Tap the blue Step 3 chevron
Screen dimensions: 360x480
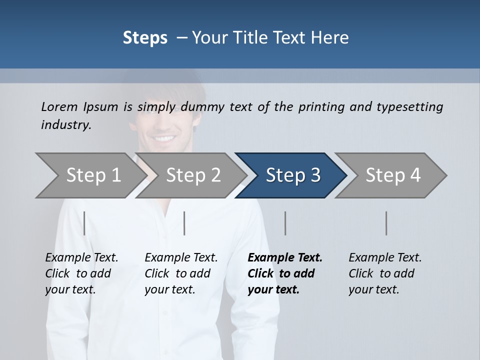tap(293, 175)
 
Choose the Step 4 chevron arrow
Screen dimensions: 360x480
tap(393, 175)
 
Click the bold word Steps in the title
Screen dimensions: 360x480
tap(145, 38)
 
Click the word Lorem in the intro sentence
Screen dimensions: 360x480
tap(59, 106)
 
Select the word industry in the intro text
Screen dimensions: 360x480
tap(66, 125)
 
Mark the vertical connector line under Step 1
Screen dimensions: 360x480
tap(84, 223)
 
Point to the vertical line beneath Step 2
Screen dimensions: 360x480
tap(184, 223)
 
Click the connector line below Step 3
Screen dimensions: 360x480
tap(285, 223)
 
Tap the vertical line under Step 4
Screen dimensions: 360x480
tap(386, 223)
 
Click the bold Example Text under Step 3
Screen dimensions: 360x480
tap(285, 257)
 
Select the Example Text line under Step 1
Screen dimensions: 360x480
tap(81, 257)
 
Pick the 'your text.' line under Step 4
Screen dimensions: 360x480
tap(373, 289)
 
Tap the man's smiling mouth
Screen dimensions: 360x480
tap(164, 137)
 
